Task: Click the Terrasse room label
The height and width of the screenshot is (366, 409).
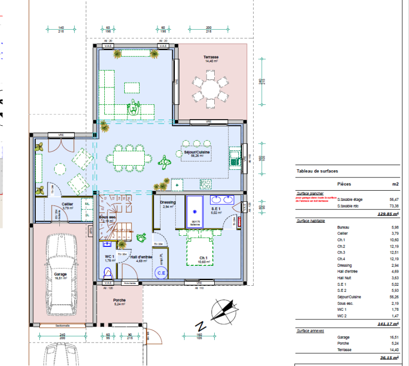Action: point(211,57)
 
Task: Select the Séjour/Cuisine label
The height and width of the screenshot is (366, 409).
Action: point(197,152)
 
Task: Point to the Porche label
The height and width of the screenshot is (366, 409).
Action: point(120,301)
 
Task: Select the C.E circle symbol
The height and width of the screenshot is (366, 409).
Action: point(161,273)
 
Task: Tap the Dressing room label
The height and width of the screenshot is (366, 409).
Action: point(168,202)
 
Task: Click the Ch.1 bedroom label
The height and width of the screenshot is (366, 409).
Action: point(203,257)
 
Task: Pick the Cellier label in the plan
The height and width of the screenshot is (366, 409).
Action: point(67,204)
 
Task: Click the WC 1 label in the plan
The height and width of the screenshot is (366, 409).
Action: point(109,257)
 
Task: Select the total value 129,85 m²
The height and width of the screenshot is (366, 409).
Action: point(388,214)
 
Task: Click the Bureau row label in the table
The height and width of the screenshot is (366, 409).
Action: point(344,227)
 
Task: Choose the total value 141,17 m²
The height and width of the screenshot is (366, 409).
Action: point(388,324)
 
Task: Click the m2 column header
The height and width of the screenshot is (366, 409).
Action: point(395,184)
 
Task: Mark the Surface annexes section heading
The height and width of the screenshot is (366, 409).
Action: point(310,331)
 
